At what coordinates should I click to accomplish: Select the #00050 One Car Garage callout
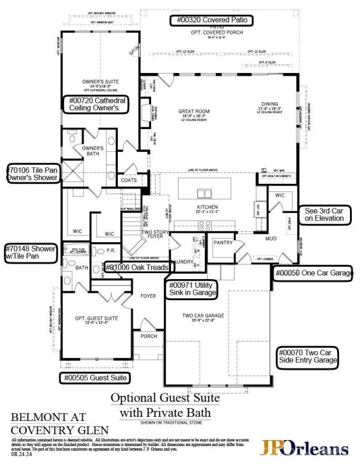click(x=314, y=273)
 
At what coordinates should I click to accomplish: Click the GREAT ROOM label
click(x=193, y=111)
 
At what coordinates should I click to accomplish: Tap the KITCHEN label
click(x=207, y=207)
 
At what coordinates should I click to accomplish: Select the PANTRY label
click(x=222, y=242)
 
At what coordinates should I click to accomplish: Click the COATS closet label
click(x=129, y=180)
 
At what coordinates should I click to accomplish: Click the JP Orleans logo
click(x=305, y=448)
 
